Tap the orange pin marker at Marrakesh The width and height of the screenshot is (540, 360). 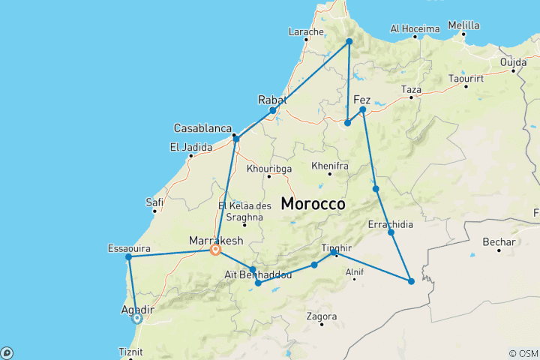pyautogui.click(x=216, y=250)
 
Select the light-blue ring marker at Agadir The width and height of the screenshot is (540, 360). pyautogui.click(x=137, y=318)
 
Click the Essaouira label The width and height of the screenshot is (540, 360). pyautogui.click(x=129, y=247)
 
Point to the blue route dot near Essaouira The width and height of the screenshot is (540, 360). pyautogui.click(x=129, y=257)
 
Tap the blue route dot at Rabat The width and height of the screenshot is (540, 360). pyautogui.click(x=273, y=110)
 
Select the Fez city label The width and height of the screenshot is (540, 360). pyautogui.click(x=361, y=100)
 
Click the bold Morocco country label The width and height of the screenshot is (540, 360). pyautogui.click(x=313, y=203)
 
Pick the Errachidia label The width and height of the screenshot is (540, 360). pyautogui.click(x=389, y=223)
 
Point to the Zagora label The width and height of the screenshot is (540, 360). pyautogui.click(x=321, y=316)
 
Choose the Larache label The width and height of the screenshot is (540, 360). pyautogui.click(x=306, y=32)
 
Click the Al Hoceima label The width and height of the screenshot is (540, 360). pyautogui.click(x=415, y=28)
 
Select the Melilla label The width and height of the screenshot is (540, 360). pyautogui.click(x=463, y=25)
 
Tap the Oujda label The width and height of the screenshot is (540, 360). pyautogui.click(x=524, y=61)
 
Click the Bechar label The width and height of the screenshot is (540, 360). pyautogui.click(x=499, y=242)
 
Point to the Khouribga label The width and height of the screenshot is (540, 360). pyautogui.click(x=268, y=169)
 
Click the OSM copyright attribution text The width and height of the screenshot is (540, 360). pyautogui.click(x=523, y=353)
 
